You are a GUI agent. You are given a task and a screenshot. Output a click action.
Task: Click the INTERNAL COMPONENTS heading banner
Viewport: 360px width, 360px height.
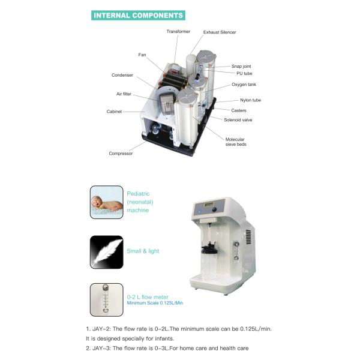click(138, 16)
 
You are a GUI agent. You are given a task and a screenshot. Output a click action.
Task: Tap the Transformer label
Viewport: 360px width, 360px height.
click(178, 31)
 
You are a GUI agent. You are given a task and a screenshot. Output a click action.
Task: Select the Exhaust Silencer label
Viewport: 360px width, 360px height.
click(220, 32)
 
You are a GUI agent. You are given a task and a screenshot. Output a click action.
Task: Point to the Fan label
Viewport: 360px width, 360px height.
click(142, 55)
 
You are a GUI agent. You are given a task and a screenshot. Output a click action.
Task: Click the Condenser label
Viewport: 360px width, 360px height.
click(122, 75)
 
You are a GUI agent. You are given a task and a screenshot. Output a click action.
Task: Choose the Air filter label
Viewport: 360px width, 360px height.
click(124, 94)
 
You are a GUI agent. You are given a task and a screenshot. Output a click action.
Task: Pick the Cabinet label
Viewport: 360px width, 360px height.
click(114, 112)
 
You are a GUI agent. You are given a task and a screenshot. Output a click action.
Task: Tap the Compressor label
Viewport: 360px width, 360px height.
click(121, 154)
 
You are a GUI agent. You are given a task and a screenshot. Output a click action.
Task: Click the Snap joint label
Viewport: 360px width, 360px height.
click(241, 66)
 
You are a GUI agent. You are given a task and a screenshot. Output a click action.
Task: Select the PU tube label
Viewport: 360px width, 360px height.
click(244, 73)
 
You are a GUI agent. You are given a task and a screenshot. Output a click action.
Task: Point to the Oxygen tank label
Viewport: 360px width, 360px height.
click(244, 85)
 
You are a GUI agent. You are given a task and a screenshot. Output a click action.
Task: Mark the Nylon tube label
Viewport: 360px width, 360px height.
click(250, 100)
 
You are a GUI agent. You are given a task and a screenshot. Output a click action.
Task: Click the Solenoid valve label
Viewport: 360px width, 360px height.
click(238, 120)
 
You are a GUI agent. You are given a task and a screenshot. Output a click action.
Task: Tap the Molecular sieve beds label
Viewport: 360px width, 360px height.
click(236, 142)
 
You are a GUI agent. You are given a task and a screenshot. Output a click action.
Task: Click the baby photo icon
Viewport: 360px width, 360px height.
click(107, 202)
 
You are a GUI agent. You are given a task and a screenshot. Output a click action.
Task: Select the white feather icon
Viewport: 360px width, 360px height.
click(107, 252)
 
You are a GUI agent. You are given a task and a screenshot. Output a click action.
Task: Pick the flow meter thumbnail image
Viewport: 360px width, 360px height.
click(107, 300)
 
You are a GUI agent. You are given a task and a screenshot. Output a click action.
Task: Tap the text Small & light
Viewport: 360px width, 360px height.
click(143, 251)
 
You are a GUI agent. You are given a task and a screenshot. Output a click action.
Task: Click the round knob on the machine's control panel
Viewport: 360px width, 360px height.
click(214, 209)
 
